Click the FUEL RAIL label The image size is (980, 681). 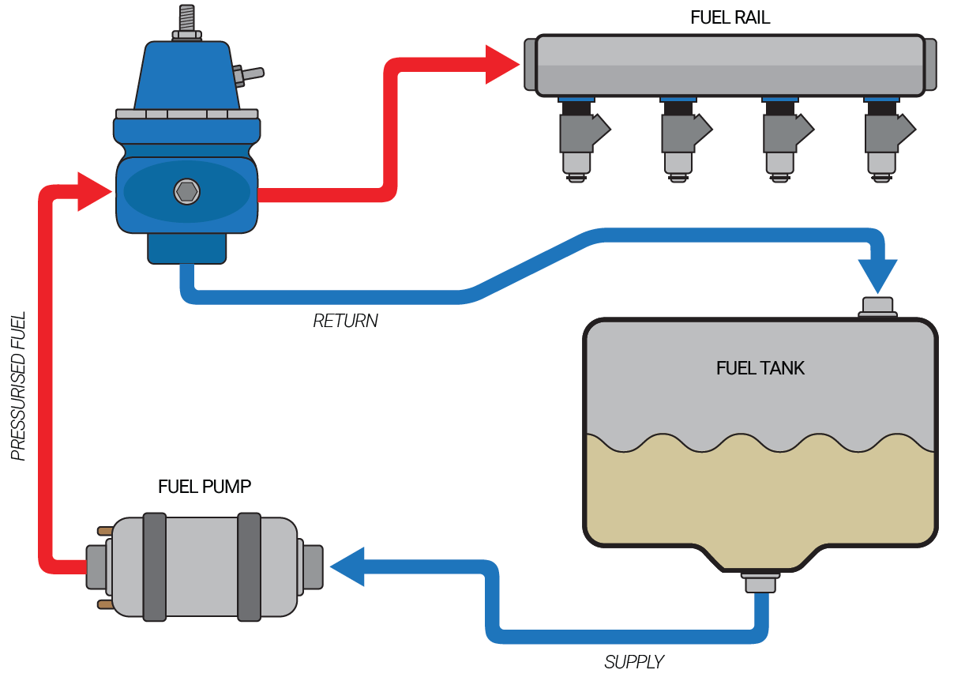point(730,17)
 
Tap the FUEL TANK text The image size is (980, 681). point(760,368)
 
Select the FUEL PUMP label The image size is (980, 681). point(205,487)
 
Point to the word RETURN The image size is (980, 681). point(345,321)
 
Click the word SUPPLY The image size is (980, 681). point(634,662)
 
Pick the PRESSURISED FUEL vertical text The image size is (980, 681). point(19,386)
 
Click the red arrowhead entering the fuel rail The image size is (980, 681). point(501,64)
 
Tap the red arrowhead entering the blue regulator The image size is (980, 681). point(93,191)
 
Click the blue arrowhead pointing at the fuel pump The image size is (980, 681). point(347,566)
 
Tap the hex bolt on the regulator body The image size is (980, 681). point(187,191)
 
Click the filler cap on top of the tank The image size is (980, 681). point(877,307)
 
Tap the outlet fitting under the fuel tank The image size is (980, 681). point(760,583)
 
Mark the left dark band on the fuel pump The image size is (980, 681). point(155,566)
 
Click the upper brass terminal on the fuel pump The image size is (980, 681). point(104,531)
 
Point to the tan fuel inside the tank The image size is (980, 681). point(760,498)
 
